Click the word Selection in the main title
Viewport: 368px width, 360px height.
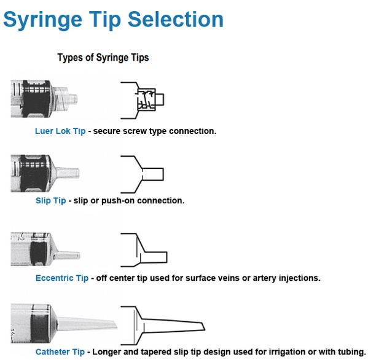(x=176, y=19)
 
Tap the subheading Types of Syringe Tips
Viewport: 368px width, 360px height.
(x=103, y=58)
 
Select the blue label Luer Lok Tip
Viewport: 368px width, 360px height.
(x=60, y=131)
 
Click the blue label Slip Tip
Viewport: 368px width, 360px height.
(x=51, y=201)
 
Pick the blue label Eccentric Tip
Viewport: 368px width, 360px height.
(x=62, y=278)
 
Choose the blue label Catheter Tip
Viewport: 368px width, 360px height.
(x=60, y=352)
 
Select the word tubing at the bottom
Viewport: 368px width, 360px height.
(x=351, y=352)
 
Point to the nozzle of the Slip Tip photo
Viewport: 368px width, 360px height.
(x=68, y=173)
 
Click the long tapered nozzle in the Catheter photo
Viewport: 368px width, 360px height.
(x=87, y=323)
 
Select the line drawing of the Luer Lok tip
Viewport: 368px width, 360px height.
(x=143, y=100)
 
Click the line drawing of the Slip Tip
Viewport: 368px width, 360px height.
(x=142, y=174)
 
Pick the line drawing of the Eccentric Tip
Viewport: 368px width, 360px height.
(x=144, y=250)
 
